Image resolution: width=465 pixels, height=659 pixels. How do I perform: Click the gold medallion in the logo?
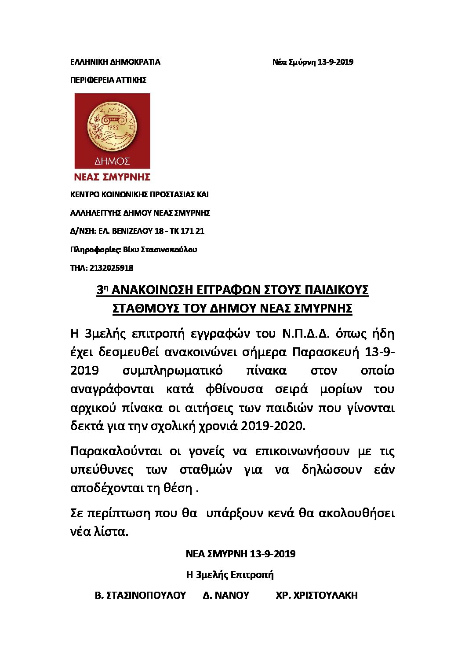point(112,127)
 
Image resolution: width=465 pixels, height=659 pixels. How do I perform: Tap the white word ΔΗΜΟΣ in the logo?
point(112,161)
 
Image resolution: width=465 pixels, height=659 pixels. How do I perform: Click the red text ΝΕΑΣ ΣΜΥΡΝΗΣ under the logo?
point(112,177)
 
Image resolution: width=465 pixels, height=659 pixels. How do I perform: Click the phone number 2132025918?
point(111,268)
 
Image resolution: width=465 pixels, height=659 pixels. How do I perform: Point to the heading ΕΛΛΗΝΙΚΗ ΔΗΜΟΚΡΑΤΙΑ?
point(115,62)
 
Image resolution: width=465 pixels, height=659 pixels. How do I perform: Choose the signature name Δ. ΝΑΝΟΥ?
point(226,595)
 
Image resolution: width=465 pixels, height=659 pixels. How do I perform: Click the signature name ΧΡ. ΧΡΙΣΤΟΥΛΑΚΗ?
point(316,595)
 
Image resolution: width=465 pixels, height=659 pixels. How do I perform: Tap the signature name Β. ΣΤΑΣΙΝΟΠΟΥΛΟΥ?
point(140,595)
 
